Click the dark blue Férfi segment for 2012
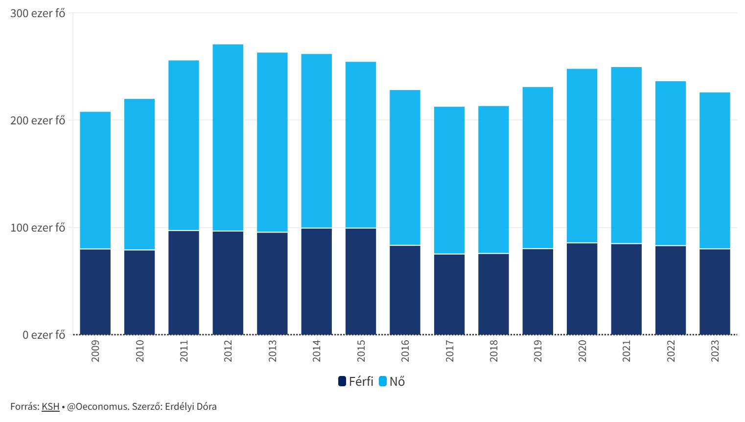pyautogui.click(x=228, y=282)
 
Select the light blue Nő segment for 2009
pyautogui.click(x=95, y=180)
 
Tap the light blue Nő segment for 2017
pyautogui.click(x=449, y=180)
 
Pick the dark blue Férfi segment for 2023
pyautogui.click(x=715, y=292)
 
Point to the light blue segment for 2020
pyautogui.click(x=582, y=156)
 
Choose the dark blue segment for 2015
pyautogui.click(x=361, y=281)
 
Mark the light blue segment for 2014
pyautogui.click(x=316, y=141)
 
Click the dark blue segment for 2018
pyautogui.click(x=493, y=294)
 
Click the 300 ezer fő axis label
pyautogui.click(x=38, y=13)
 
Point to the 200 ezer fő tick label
pyautogui.click(x=38, y=120)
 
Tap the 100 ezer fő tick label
pyautogui.click(x=38, y=228)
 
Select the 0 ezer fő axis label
pyautogui.click(x=44, y=335)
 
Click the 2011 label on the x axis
pyautogui.click(x=184, y=351)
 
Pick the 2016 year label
pyautogui.click(x=405, y=351)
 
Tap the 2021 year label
pyautogui.click(x=627, y=351)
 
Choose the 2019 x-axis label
pyautogui.click(x=538, y=351)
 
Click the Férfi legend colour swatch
pyautogui.click(x=342, y=381)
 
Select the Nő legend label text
pyautogui.click(x=397, y=381)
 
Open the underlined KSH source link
pyautogui.click(x=50, y=406)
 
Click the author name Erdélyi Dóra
pyautogui.click(x=190, y=406)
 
